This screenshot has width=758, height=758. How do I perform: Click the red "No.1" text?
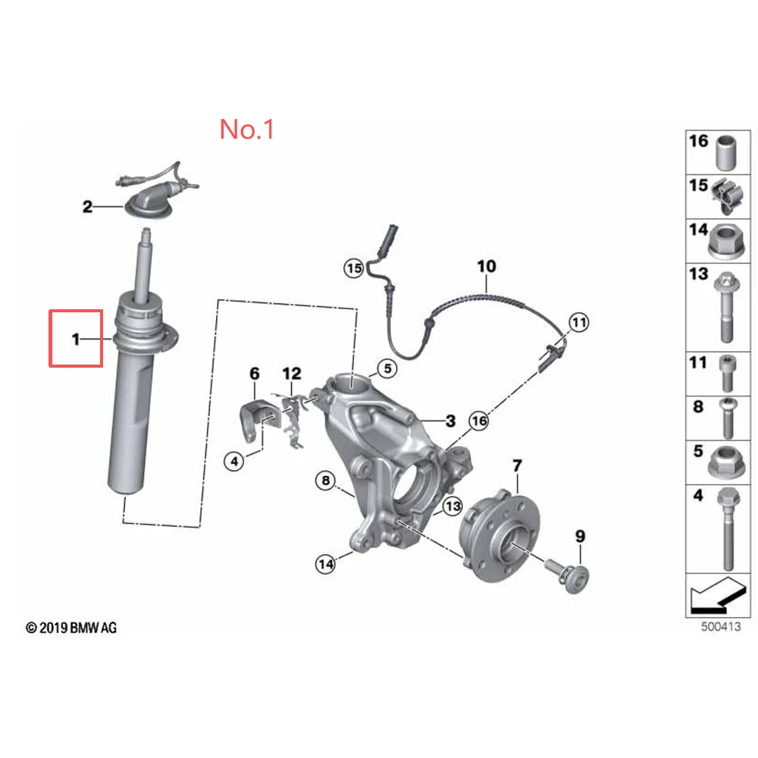click(x=246, y=129)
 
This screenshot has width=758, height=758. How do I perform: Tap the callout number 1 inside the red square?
click(x=76, y=340)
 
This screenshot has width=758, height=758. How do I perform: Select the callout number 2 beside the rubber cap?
click(x=87, y=206)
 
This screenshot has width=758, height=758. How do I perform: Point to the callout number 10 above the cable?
click(x=486, y=266)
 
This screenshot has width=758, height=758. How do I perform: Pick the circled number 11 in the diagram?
click(x=578, y=324)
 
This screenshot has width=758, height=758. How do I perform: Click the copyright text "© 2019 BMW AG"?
click(x=71, y=628)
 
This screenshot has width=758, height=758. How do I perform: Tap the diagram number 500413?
click(x=719, y=627)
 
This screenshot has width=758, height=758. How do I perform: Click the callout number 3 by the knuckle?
click(x=449, y=421)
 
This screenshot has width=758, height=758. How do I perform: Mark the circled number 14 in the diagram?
click(x=326, y=563)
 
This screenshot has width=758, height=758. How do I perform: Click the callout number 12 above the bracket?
click(x=291, y=373)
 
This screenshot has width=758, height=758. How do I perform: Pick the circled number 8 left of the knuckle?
click(x=326, y=480)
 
